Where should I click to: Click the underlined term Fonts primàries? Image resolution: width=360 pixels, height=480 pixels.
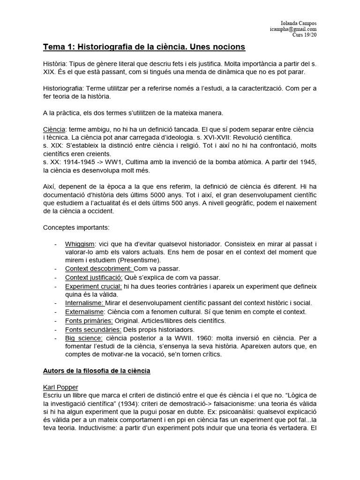(x=89, y=321)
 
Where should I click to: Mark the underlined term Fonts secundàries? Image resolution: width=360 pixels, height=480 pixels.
(x=93, y=329)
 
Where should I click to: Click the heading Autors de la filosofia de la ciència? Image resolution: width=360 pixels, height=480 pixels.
(x=97, y=371)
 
